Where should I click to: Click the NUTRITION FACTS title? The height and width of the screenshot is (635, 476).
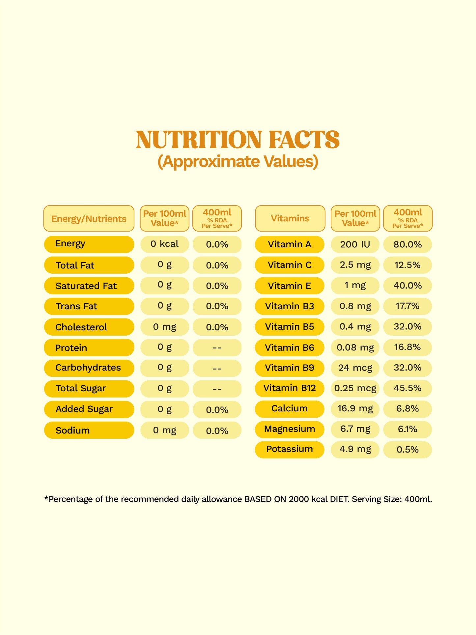point(238,140)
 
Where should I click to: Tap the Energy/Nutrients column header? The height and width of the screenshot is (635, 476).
point(89,219)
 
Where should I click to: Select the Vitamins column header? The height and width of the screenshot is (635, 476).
point(290,218)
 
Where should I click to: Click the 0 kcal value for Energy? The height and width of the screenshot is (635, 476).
point(164,244)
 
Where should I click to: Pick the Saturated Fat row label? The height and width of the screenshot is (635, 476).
point(86,286)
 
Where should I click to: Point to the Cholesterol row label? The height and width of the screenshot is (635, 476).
point(81,327)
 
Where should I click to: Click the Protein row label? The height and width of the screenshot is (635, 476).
point(71,348)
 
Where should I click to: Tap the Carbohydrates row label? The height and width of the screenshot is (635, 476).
point(88,368)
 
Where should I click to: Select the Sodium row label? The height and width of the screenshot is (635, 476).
point(73,430)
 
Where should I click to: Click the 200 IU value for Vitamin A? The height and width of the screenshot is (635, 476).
point(355,244)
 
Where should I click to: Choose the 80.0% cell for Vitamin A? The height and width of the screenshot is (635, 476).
point(407,244)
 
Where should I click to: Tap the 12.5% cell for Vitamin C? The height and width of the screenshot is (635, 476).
point(407,265)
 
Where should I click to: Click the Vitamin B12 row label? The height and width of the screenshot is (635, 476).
point(290,388)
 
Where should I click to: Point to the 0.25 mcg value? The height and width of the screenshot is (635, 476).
point(355,388)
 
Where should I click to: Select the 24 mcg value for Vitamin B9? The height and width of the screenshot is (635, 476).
point(355,368)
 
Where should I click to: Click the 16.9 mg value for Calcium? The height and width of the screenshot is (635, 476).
point(355,409)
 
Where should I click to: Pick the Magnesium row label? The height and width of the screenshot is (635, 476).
point(290,429)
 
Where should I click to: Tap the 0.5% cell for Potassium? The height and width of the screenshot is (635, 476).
point(407,450)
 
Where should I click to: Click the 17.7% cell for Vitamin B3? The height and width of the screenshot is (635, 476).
point(407,306)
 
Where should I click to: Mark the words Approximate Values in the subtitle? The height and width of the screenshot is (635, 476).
point(238,162)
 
